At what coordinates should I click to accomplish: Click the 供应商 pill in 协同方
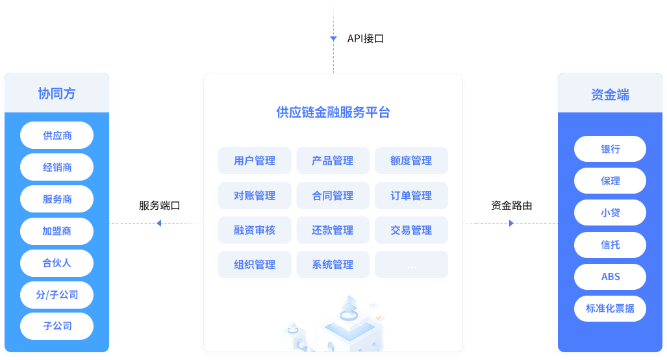(x=57, y=136)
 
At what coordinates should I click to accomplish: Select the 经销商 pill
(x=57, y=168)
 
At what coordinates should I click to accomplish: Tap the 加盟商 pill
(x=57, y=231)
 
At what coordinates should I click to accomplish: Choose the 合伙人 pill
(x=57, y=263)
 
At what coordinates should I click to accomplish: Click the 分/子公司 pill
(x=57, y=295)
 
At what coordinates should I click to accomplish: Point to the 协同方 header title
(x=57, y=94)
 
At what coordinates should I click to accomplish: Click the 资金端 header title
(x=610, y=94)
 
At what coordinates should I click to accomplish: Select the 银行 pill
(x=610, y=149)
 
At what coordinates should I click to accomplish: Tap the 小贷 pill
(x=610, y=212)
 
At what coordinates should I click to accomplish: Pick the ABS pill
(x=610, y=277)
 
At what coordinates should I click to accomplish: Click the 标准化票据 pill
(x=610, y=309)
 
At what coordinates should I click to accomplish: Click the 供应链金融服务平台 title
(x=333, y=112)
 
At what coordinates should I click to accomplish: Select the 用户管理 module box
(x=255, y=161)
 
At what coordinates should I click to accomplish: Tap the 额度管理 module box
(x=411, y=161)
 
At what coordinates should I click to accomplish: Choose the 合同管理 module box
(x=333, y=196)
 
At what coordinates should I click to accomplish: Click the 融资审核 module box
(x=255, y=230)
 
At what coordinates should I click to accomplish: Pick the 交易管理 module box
(x=411, y=230)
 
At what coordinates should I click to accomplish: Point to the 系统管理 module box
(x=333, y=264)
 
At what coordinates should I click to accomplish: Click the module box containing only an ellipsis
(x=411, y=264)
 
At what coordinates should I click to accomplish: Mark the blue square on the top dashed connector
(x=334, y=38)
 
